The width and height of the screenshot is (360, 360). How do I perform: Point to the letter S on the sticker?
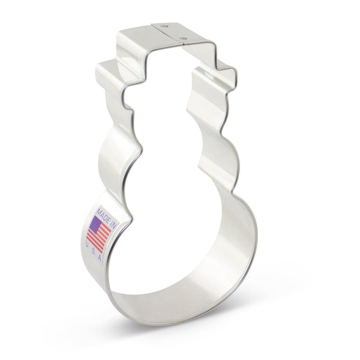(x=94, y=252)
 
